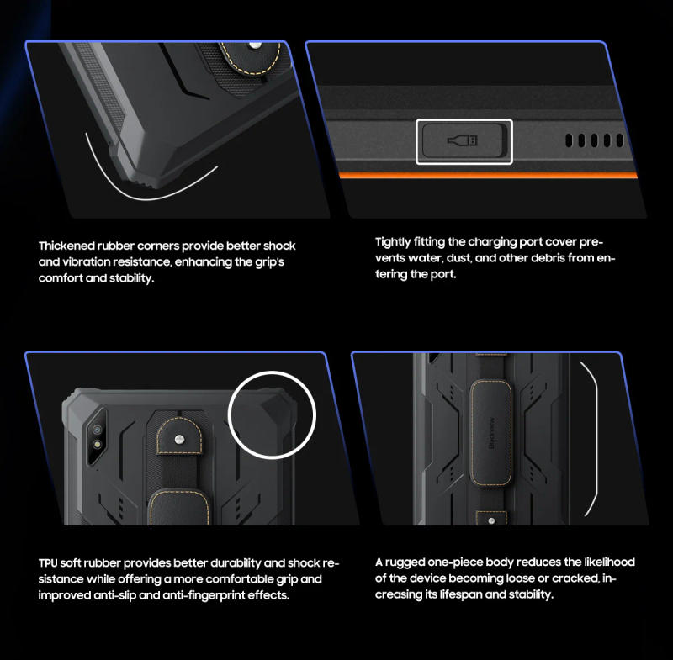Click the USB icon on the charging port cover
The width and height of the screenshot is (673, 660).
click(x=464, y=140)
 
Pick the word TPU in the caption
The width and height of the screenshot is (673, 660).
click(x=49, y=562)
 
